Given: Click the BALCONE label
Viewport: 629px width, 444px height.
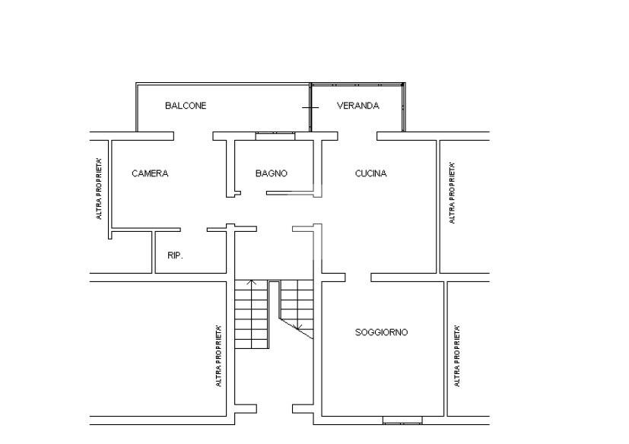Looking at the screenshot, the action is (186, 106).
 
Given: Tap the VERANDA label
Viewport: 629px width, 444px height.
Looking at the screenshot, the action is (357, 106).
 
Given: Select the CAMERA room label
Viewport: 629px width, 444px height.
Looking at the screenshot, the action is (150, 173).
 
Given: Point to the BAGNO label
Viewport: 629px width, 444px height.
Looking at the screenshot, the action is (272, 173).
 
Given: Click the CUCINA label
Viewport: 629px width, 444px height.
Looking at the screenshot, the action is (370, 173).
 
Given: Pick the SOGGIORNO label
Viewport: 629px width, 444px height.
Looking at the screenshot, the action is (382, 332).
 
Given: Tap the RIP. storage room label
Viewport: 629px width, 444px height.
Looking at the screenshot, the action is (175, 255).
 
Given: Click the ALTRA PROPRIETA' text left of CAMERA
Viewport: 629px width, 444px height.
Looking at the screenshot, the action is (99, 189).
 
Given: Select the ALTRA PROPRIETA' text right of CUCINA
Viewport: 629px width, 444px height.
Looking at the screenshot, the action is (452, 193).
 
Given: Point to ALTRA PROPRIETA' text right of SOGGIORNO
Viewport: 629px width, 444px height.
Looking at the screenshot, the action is (456, 356).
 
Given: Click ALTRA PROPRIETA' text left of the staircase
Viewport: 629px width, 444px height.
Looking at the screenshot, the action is (218, 356).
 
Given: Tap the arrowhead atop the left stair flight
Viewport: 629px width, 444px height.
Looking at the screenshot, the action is (251, 282).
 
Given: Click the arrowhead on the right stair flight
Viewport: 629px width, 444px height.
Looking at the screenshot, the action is (298, 327).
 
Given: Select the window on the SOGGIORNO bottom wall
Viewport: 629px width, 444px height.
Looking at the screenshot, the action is (402, 420).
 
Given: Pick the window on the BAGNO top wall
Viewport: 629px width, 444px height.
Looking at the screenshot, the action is (275, 136).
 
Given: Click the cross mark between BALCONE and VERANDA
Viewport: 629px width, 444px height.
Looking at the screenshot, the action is (310, 107).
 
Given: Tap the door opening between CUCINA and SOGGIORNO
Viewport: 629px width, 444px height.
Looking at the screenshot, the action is (357, 277).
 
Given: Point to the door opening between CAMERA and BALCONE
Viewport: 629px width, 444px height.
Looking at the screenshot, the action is (193, 136).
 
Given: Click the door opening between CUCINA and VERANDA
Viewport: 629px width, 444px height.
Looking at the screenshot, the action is (357, 136).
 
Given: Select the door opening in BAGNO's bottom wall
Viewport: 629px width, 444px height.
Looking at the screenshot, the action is (253, 194).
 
